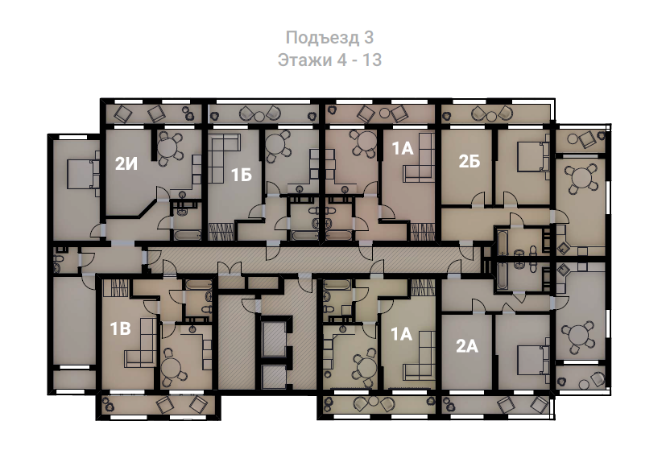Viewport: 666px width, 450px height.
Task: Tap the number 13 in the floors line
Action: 371,60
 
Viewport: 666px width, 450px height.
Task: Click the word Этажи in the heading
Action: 305,60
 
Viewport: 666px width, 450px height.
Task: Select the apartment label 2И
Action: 126,164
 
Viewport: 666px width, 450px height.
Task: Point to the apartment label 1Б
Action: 242,175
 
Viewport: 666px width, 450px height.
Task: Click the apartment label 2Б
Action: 469,161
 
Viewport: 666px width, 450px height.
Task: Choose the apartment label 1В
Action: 120,328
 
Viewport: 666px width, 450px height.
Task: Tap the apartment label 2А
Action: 467,347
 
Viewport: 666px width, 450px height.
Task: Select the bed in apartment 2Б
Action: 532,157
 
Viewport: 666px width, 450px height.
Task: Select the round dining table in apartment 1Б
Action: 277,144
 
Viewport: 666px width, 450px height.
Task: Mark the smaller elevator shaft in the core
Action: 274,377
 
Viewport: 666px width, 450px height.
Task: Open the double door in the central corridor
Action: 230,270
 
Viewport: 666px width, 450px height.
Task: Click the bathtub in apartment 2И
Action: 188,235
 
